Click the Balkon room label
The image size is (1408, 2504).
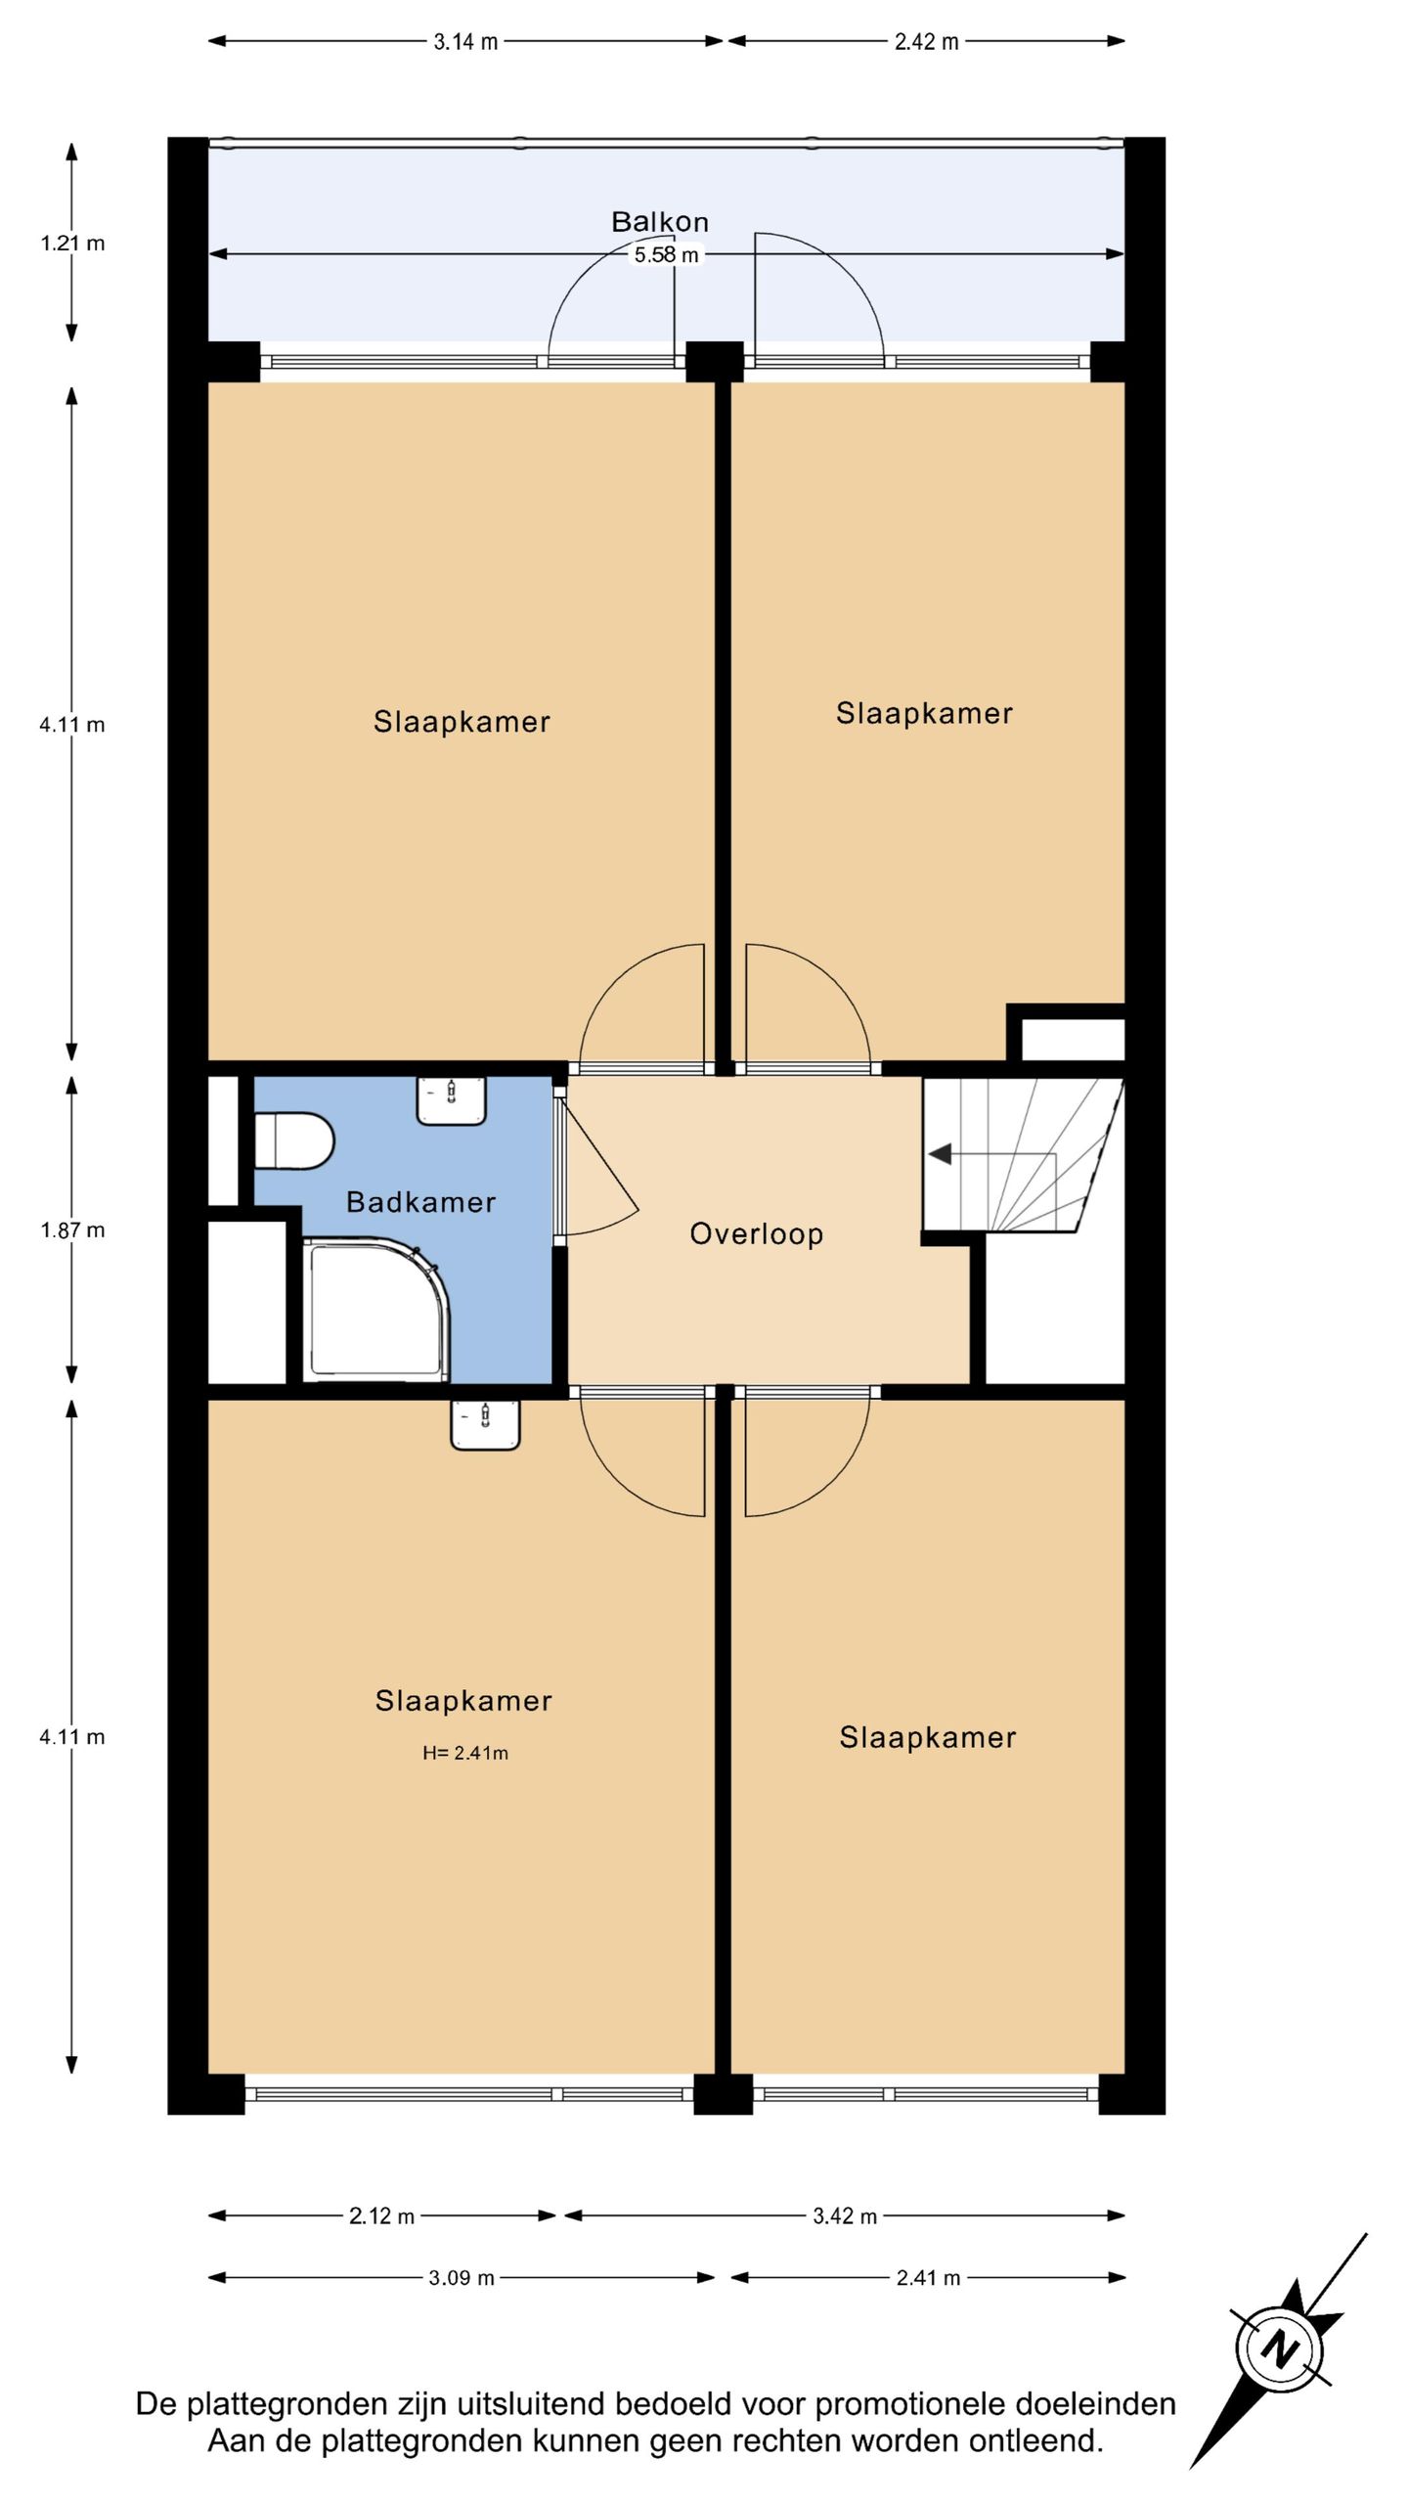coord(660,222)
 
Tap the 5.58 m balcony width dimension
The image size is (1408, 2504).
coord(667,255)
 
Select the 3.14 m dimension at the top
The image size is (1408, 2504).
coord(465,41)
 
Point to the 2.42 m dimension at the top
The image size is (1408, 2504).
coord(926,41)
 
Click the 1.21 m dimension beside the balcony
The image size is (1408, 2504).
coord(72,243)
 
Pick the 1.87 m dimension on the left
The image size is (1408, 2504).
coord(72,1230)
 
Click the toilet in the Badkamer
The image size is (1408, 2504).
coord(294,1140)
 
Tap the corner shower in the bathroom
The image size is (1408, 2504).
coord(376,1310)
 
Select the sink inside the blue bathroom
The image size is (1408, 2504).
coord(452,1100)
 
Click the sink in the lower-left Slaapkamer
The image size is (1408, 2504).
coord(485,1424)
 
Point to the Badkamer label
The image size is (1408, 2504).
coord(421,1202)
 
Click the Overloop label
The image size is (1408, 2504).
coord(757,1234)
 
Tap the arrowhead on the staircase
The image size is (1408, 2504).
coord(940,1154)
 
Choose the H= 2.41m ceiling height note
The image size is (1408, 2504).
coord(465,1753)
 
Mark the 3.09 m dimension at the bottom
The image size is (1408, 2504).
coord(462,2278)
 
